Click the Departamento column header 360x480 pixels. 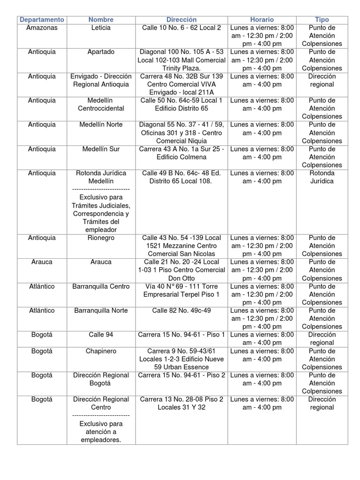click(x=42, y=20)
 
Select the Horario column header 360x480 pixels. click(x=262, y=20)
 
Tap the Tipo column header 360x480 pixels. click(x=322, y=20)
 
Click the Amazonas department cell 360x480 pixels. click(x=42, y=28)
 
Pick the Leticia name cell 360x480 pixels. click(x=101, y=28)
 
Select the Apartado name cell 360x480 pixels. click(x=101, y=52)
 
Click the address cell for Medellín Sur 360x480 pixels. click(x=181, y=153)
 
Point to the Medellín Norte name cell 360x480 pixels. click(x=101, y=125)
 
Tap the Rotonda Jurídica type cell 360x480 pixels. click(x=322, y=177)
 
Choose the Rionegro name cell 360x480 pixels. click(x=101, y=238)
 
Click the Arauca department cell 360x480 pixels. click(x=42, y=262)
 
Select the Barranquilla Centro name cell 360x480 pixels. click(x=101, y=286)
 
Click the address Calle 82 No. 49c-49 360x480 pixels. click(x=181, y=310)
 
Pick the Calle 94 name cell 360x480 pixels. click(x=101, y=335)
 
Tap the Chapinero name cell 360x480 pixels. click(x=101, y=351)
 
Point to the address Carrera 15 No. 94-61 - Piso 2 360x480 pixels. click(x=181, y=375)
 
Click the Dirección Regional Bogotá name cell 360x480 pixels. click(x=101, y=379)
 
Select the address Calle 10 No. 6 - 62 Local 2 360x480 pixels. click(x=181, y=28)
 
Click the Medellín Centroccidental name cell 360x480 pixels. click(x=101, y=104)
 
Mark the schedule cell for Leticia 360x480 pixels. click(x=262, y=36)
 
